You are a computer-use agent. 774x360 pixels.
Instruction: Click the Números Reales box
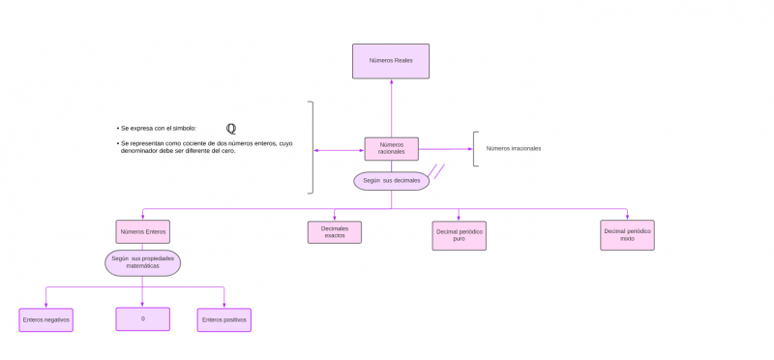(x=391, y=60)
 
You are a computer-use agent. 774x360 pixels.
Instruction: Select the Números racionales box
(x=391, y=148)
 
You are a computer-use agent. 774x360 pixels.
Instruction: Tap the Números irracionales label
(x=513, y=149)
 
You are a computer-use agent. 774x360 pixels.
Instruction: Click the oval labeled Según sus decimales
(x=391, y=181)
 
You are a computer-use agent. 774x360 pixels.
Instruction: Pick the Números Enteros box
(x=142, y=231)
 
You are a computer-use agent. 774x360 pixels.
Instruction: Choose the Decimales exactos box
(x=334, y=232)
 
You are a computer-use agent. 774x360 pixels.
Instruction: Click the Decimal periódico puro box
(x=459, y=235)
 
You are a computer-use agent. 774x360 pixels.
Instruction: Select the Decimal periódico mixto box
(x=627, y=235)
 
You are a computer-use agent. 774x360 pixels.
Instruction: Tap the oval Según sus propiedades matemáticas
(x=142, y=262)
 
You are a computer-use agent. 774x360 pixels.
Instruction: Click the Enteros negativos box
(x=45, y=319)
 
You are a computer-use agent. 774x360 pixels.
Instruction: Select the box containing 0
(x=142, y=318)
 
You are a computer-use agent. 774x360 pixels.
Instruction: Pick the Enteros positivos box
(x=223, y=319)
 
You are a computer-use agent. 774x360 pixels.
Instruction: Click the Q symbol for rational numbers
(x=231, y=128)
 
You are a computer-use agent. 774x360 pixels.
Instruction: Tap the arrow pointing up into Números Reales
(x=391, y=81)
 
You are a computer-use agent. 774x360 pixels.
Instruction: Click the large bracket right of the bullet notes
(x=312, y=147)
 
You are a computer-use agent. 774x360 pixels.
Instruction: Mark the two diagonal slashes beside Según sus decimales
(x=436, y=172)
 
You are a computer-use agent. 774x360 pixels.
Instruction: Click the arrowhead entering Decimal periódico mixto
(x=627, y=218)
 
